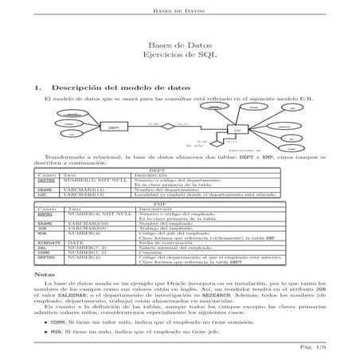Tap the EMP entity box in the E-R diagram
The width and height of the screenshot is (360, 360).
[x=237, y=129]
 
